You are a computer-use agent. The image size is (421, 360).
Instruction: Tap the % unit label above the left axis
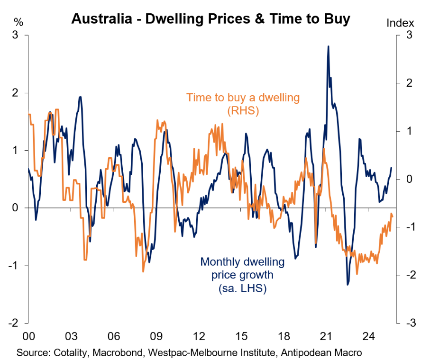point(18,22)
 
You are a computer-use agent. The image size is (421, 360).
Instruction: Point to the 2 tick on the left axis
point(16,93)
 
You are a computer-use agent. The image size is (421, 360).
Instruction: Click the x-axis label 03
point(71,337)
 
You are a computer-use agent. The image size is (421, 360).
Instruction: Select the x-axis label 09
point(156,337)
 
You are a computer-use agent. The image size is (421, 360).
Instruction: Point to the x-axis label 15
point(241,337)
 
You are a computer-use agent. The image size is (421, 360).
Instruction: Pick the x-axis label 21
point(326,337)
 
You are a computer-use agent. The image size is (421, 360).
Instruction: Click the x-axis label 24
point(368,337)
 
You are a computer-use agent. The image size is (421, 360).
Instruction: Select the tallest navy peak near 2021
point(328,46)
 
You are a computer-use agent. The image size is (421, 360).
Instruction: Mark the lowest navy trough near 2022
point(348,285)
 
